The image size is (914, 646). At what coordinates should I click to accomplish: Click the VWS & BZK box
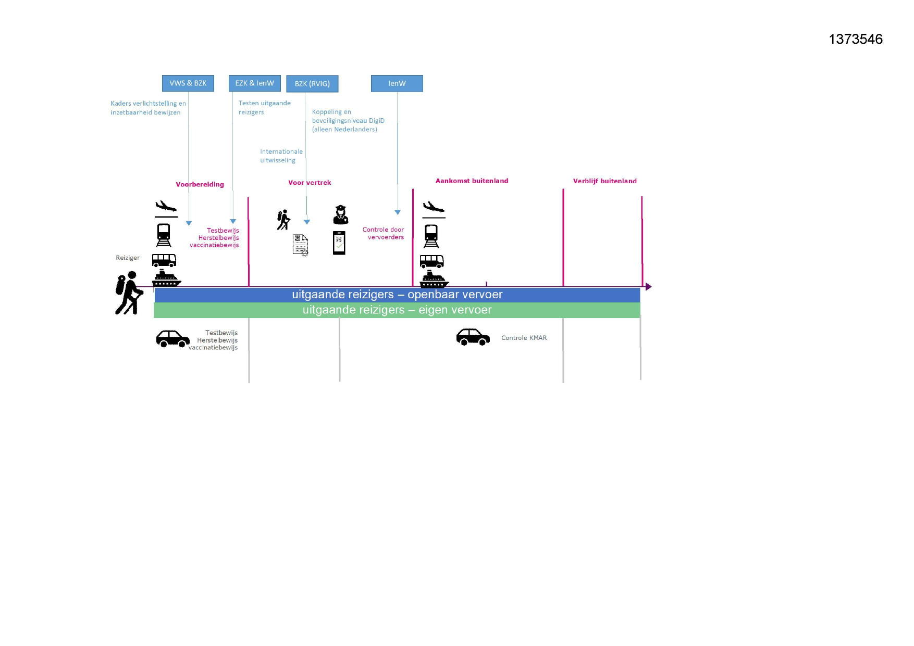(188, 83)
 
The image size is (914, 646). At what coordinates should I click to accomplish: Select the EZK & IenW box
(254, 83)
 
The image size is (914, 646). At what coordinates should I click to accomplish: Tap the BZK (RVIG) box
(312, 84)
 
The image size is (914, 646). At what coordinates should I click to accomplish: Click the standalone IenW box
(397, 83)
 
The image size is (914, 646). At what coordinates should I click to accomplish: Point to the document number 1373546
(856, 39)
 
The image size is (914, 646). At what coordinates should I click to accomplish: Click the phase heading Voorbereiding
(200, 184)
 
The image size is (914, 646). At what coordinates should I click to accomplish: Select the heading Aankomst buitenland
(472, 181)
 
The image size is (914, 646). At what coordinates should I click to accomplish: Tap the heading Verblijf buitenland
(604, 181)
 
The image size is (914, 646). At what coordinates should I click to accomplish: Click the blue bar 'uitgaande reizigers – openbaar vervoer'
(397, 295)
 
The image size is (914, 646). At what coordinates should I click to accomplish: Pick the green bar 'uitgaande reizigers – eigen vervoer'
(397, 310)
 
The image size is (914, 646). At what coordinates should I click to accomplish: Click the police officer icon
(340, 214)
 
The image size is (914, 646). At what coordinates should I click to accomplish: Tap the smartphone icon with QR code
(339, 243)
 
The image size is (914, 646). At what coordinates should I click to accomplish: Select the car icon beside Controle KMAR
(473, 337)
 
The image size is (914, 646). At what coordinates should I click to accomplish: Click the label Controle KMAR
(524, 338)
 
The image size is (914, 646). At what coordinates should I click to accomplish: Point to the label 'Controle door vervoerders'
(384, 233)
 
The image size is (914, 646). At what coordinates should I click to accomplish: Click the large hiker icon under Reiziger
(129, 293)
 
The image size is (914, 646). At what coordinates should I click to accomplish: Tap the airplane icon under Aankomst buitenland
(433, 208)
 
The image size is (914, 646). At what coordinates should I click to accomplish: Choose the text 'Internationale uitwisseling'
(281, 156)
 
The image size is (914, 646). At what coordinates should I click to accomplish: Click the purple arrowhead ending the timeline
(648, 287)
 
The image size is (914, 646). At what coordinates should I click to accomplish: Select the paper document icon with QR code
(300, 245)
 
